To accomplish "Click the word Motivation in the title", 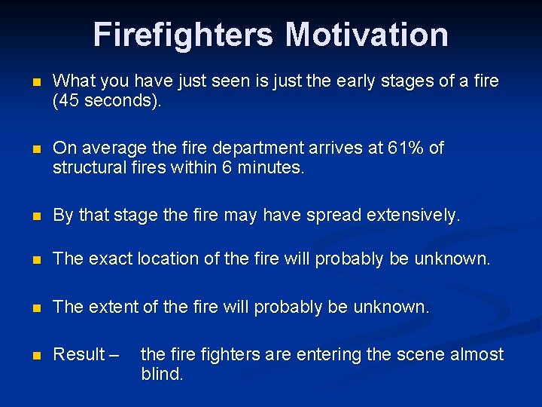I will [367, 35].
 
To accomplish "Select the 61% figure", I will [406, 148].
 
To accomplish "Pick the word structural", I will [87, 168].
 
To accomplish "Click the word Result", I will [79, 354].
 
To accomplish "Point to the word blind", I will [161, 375].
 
